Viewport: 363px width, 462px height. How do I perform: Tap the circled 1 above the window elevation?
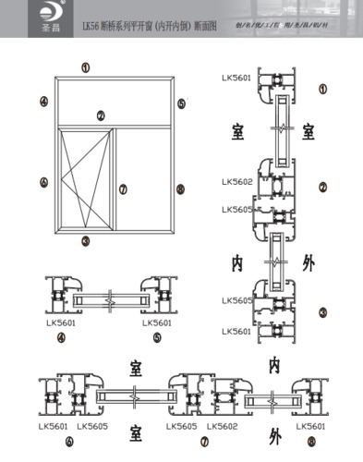click(x=86, y=67)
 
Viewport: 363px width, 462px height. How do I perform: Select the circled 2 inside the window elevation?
click(x=101, y=115)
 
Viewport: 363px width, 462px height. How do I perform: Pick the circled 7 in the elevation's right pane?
click(x=122, y=188)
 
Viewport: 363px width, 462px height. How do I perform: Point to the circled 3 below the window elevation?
click(x=86, y=241)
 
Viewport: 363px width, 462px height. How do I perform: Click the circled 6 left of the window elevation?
click(x=43, y=183)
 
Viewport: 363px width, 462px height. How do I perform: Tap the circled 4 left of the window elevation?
click(x=43, y=100)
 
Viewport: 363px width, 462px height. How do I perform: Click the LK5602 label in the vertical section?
click(x=236, y=182)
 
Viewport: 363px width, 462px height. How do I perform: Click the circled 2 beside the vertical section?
click(x=322, y=188)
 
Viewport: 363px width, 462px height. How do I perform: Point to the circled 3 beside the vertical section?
click(x=321, y=312)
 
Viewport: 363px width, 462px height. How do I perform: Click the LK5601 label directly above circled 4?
click(x=60, y=323)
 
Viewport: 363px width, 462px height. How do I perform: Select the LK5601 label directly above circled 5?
click(x=157, y=323)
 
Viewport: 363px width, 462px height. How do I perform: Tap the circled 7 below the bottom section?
click(x=178, y=440)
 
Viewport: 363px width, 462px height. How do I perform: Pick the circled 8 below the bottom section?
click(x=310, y=441)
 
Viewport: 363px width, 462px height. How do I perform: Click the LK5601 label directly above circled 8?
click(x=310, y=426)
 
